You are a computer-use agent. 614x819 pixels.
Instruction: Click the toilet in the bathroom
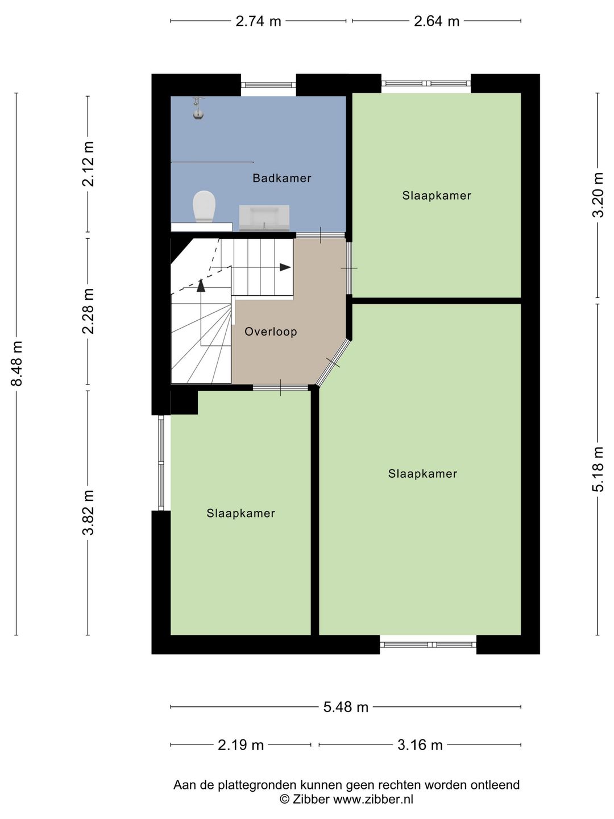(x=204, y=206)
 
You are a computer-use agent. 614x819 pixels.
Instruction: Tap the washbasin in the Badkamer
(x=264, y=218)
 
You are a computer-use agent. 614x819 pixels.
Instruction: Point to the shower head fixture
(x=198, y=108)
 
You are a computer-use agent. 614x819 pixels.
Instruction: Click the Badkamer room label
(x=282, y=178)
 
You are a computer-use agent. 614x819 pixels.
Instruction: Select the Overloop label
(x=271, y=332)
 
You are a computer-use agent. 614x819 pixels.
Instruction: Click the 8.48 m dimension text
(x=17, y=363)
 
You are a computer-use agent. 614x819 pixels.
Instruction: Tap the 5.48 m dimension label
(x=346, y=707)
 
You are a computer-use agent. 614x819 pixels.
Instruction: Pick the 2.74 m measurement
(x=258, y=21)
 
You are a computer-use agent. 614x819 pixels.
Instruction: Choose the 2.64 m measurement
(x=437, y=21)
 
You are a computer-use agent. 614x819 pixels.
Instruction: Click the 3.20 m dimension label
(x=598, y=195)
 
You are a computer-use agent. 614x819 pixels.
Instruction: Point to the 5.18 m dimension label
(x=598, y=469)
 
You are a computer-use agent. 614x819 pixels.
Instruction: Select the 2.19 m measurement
(x=240, y=745)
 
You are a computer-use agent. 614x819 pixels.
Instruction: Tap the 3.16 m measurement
(x=420, y=745)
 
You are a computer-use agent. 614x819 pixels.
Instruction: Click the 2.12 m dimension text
(x=88, y=164)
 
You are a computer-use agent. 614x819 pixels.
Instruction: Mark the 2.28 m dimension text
(x=88, y=311)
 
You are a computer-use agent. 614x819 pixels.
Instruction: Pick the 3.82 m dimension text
(x=88, y=512)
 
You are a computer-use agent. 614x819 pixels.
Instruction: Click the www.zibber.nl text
(x=373, y=799)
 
